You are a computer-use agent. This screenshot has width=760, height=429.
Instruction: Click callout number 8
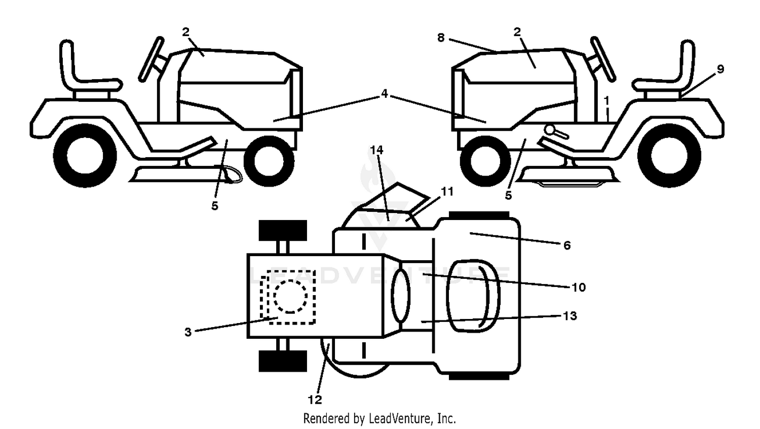(x=441, y=38)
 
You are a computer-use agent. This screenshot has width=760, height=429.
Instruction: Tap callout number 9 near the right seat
(x=720, y=69)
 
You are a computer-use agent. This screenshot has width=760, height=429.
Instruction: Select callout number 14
(x=376, y=150)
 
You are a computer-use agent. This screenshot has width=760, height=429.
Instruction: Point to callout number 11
(x=447, y=192)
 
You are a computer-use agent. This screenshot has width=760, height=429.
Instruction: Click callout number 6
(x=567, y=245)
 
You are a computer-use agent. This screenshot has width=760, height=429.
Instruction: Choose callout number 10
(x=579, y=288)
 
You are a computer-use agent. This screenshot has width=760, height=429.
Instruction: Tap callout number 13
(x=570, y=316)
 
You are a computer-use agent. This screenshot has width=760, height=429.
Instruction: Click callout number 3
(x=188, y=332)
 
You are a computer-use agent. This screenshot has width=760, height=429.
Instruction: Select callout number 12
(x=315, y=400)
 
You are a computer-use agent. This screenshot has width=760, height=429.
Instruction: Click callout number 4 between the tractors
(x=384, y=93)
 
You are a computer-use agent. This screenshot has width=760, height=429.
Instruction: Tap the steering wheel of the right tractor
(x=603, y=58)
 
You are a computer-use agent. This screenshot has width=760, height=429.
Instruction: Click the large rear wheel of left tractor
(x=85, y=155)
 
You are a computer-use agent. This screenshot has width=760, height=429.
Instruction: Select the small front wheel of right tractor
(x=485, y=161)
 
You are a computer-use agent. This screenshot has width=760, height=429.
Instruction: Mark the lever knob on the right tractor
(x=550, y=130)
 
